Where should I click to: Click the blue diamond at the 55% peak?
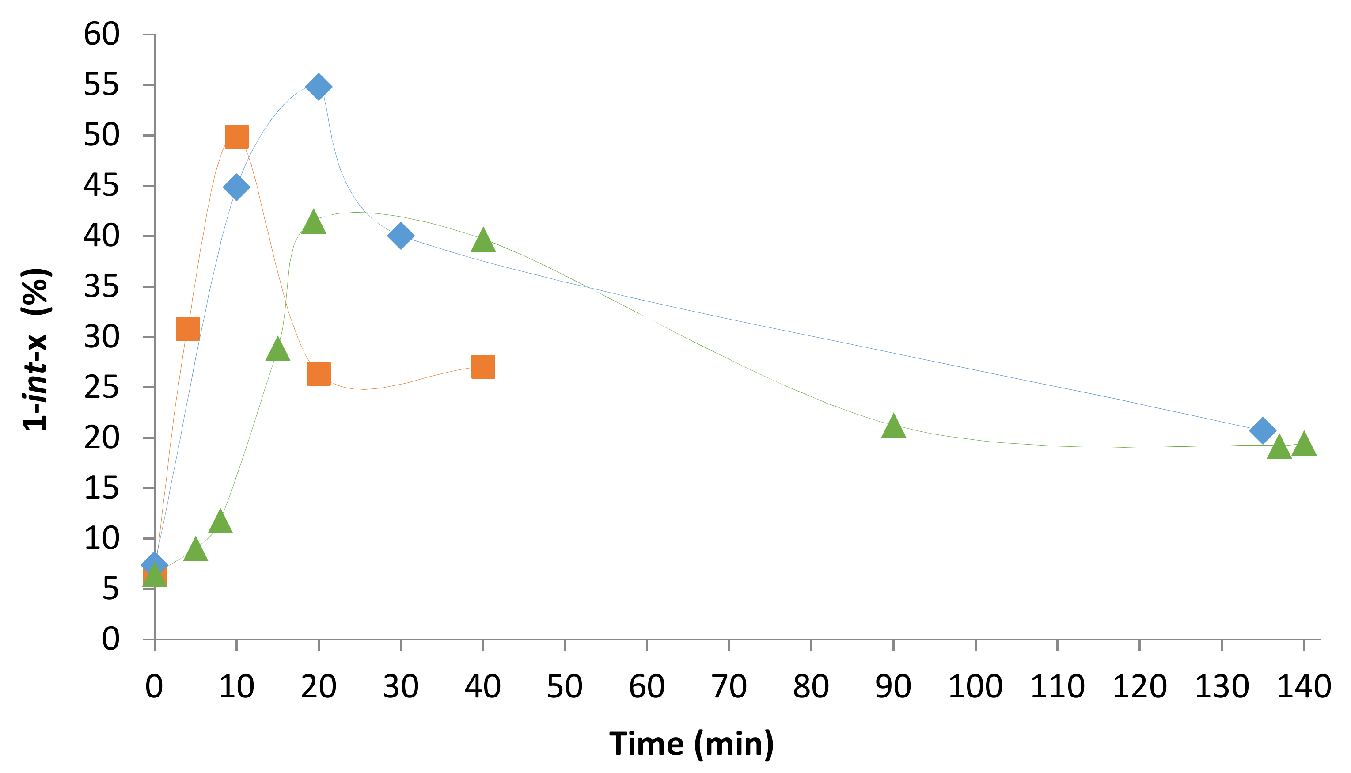(319, 87)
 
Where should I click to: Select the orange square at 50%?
(237, 137)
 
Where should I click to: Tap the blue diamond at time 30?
(401, 235)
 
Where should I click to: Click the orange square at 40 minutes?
(483, 367)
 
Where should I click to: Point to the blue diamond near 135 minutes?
(1262, 430)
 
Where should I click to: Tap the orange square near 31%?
(187, 329)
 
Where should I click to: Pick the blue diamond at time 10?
(237, 187)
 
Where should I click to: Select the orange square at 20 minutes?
(319, 374)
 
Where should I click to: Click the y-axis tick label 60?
(102, 34)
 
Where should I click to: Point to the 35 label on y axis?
(102, 287)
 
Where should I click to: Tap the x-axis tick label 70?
(729, 686)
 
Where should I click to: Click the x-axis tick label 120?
(1139, 686)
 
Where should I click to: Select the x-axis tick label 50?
(565, 686)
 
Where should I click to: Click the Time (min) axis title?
(691, 743)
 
